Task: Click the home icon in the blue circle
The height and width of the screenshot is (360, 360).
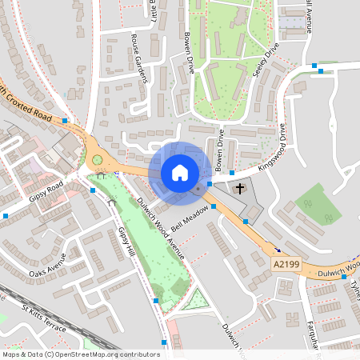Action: point(179,172)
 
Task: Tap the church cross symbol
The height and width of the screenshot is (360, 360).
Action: point(240,189)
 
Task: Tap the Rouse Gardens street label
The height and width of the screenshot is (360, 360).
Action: point(141,58)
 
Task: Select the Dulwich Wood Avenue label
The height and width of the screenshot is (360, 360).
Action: point(160,229)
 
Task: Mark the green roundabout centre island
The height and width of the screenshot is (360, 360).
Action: point(98,160)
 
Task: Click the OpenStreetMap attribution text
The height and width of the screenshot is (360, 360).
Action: point(80,354)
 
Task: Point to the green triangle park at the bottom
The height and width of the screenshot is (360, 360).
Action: point(196,302)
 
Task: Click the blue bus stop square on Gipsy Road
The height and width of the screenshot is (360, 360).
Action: point(93,190)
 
